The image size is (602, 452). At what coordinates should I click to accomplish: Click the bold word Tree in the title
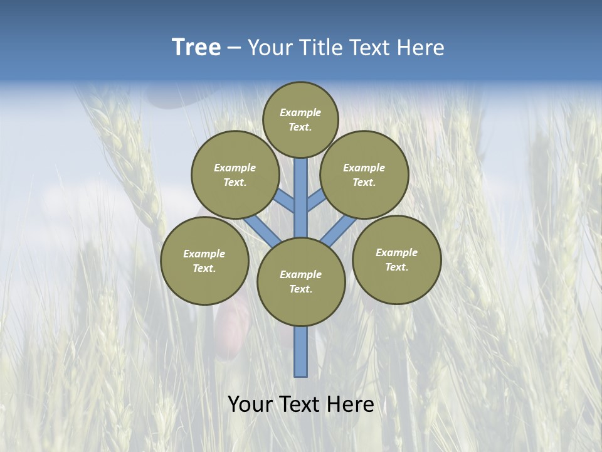point(196,48)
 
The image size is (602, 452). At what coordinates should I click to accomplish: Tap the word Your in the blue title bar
point(270,48)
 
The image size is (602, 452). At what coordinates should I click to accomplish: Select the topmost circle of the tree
point(300,119)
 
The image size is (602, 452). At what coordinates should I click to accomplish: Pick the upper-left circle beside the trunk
point(235,175)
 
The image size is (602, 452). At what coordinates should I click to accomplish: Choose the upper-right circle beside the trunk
point(364,175)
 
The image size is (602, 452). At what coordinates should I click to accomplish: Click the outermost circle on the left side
point(204,261)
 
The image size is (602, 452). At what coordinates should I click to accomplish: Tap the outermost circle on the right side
point(397,259)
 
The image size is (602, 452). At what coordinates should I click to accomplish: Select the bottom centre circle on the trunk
point(301,282)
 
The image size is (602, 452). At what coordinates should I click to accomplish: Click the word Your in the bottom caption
point(250,404)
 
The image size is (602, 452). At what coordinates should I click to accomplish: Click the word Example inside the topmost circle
point(300,112)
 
